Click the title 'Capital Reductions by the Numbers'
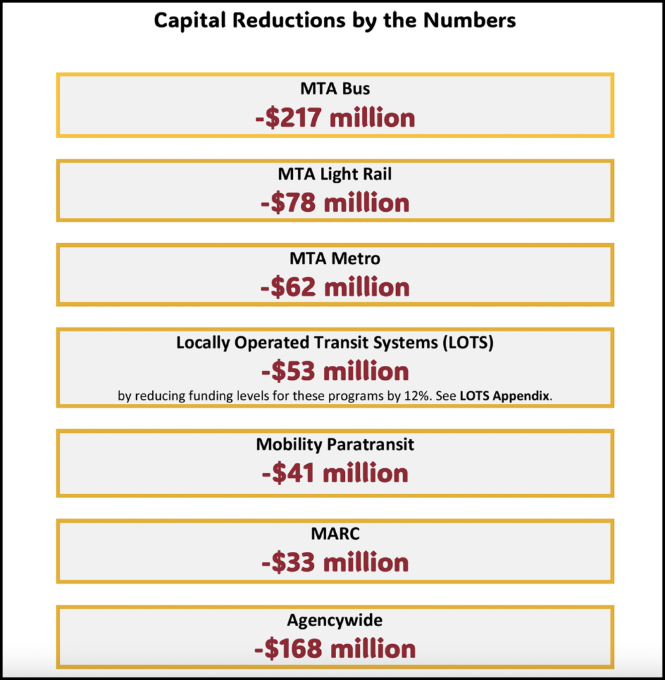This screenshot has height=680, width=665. pyautogui.click(x=335, y=20)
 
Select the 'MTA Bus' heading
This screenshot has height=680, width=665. pyautogui.click(x=335, y=88)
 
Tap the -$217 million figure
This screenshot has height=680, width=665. pyautogui.click(x=335, y=118)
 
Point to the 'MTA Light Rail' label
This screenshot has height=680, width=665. pyautogui.click(x=335, y=174)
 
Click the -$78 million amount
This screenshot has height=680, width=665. pyautogui.click(x=335, y=203)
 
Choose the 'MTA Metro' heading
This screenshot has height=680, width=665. pyautogui.click(x=335, y=258)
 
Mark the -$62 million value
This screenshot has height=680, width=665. pyautogui.click(x=335, y=287)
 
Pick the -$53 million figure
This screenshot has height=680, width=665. pyautogui.click(x=335, y=371)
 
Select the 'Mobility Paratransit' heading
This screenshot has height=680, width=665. pyautogui.click(x=335, y=444)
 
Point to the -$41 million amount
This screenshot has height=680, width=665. pyautogui.click(x=335, y=473)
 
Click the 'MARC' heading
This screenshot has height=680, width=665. pyautogui.click(x=335, y=534)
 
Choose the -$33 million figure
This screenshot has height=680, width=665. pyautogui.click(x=335, y=562)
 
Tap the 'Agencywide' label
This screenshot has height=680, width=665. pyautogui.click(x=335, y=620)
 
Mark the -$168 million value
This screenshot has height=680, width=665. pyautogui.click(x=335, y=649)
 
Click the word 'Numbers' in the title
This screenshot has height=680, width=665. pyautogui.click(x=474, y=20)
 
